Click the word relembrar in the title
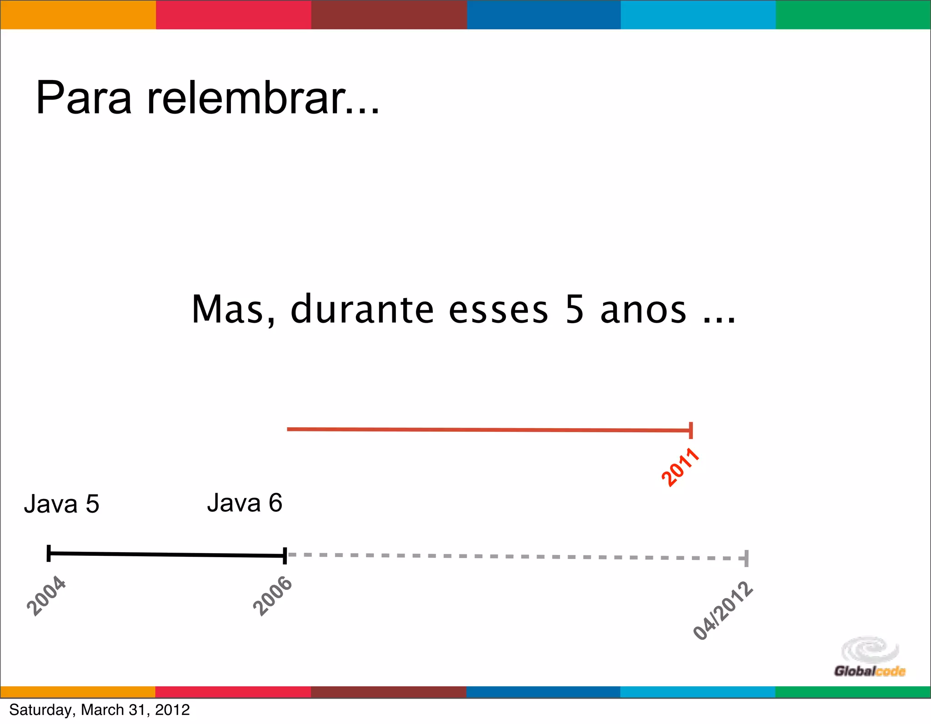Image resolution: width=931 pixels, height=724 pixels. click(263, 98)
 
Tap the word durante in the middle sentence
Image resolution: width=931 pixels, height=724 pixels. click(362, 310)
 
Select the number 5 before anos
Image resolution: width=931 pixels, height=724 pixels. click(574, 310)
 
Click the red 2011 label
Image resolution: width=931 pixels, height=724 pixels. click(680, 467)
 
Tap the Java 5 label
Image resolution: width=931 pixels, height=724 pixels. click(61, 504)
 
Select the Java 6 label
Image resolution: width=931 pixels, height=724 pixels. click(245, 503)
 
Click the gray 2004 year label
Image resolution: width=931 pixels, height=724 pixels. click(46, 595)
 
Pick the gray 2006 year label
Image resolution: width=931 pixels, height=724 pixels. click(272, 596)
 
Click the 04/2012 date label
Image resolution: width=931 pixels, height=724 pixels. click(723, 611)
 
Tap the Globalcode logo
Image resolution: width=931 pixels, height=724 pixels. click(869, 658)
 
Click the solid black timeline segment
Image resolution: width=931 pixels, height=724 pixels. click(166, 554)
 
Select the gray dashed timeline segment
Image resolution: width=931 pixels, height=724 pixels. click(516, 556)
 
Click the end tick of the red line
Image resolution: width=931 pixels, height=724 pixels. click(691, 430)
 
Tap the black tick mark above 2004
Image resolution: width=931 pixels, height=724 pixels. click(49, 553)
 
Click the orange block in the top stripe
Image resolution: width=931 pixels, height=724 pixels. click(78, 15)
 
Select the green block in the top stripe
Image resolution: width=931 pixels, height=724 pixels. click(853, 15)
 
